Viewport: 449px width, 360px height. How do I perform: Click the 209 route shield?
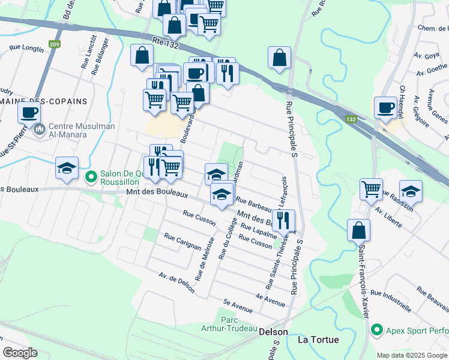pyautogui.click(x=55, y=44)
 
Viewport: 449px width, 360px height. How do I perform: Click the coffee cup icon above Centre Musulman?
pyautogui.click(x=29, y=112)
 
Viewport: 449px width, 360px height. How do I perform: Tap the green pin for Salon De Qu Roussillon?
pyautogui.click(x=91, y=176)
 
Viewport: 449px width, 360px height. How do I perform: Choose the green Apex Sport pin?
pyautogui.click(x=376, y=329)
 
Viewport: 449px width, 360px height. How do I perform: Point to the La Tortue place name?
pyautogui.click(x=318, y=340)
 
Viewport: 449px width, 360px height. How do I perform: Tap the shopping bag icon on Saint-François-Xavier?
pyautogui.click(x=358, y=230)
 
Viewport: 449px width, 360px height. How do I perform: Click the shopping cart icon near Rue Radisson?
pyautogui.click(x=372, y=189)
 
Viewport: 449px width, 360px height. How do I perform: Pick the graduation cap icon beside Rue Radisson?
pyautogui.click(x=411, y=191)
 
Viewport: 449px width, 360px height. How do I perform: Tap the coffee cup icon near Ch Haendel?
pyautogui.click(x=385, y=107)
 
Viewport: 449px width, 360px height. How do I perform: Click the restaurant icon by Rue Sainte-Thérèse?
pyautogui.click(x=283, y=220)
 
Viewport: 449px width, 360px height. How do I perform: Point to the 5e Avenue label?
pyautogui.click(x=237, y=306)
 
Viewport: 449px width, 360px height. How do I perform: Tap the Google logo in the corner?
pyautogui.click(x=20, y=353)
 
